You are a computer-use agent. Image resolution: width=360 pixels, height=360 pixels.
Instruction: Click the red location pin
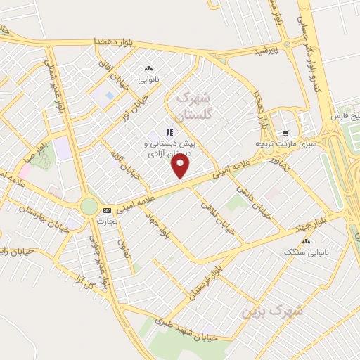(181, 167)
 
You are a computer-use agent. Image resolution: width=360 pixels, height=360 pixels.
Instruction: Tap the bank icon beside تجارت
(107, 210)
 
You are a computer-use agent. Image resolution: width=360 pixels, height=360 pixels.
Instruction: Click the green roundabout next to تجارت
(89, 205)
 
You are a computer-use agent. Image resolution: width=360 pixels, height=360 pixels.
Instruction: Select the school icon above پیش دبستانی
(168, 131)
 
